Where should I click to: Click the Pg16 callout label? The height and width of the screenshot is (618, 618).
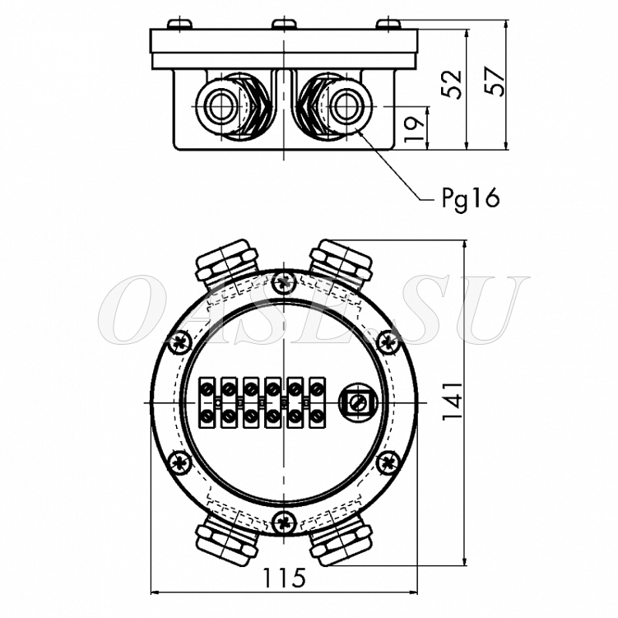click(470, 199)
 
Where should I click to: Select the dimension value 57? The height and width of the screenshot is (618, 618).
click(495, 81)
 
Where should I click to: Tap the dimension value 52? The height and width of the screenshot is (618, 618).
click(451, 84)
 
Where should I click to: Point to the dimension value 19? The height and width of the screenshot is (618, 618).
click(415, 128)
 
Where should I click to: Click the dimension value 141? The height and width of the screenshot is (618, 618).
click(452, 401)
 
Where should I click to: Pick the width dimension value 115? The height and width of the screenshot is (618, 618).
click(284, 578)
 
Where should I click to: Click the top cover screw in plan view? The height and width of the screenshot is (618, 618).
click(284, 281)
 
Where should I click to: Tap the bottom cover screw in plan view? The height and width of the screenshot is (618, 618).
click(284, 522)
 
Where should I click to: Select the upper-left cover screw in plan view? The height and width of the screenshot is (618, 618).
click(180, 342)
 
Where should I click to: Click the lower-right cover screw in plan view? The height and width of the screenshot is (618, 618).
click(388, 462)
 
